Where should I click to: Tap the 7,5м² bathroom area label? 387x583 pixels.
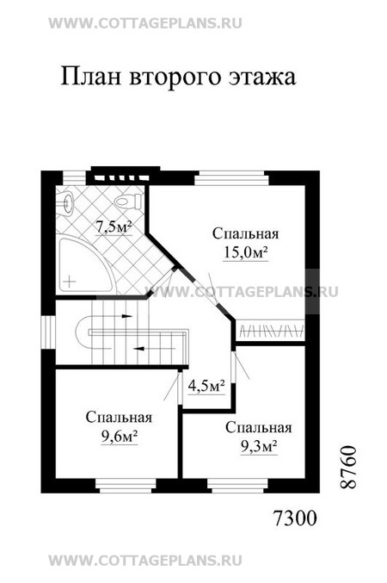point(113,228)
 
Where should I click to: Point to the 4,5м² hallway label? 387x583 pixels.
point(206,385)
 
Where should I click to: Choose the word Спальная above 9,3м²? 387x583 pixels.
point(258,427)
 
